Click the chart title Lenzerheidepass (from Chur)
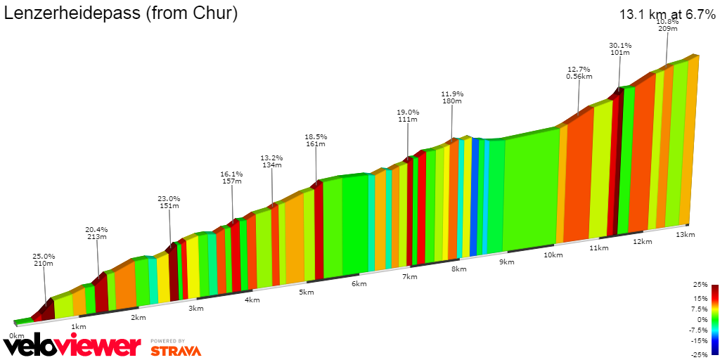click(x=121, y=13)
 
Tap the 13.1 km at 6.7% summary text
click(x=667, y=14)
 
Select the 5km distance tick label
click(x=306, y=292)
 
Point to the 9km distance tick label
click(x=506, y=262)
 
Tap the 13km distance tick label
click(x=685, y=234)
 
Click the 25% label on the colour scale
click(x=699, y=285)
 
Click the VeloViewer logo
click(x=72, y=346)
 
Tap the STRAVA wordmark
click(x=176, y=349)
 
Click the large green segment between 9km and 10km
click(x=532, y=190)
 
